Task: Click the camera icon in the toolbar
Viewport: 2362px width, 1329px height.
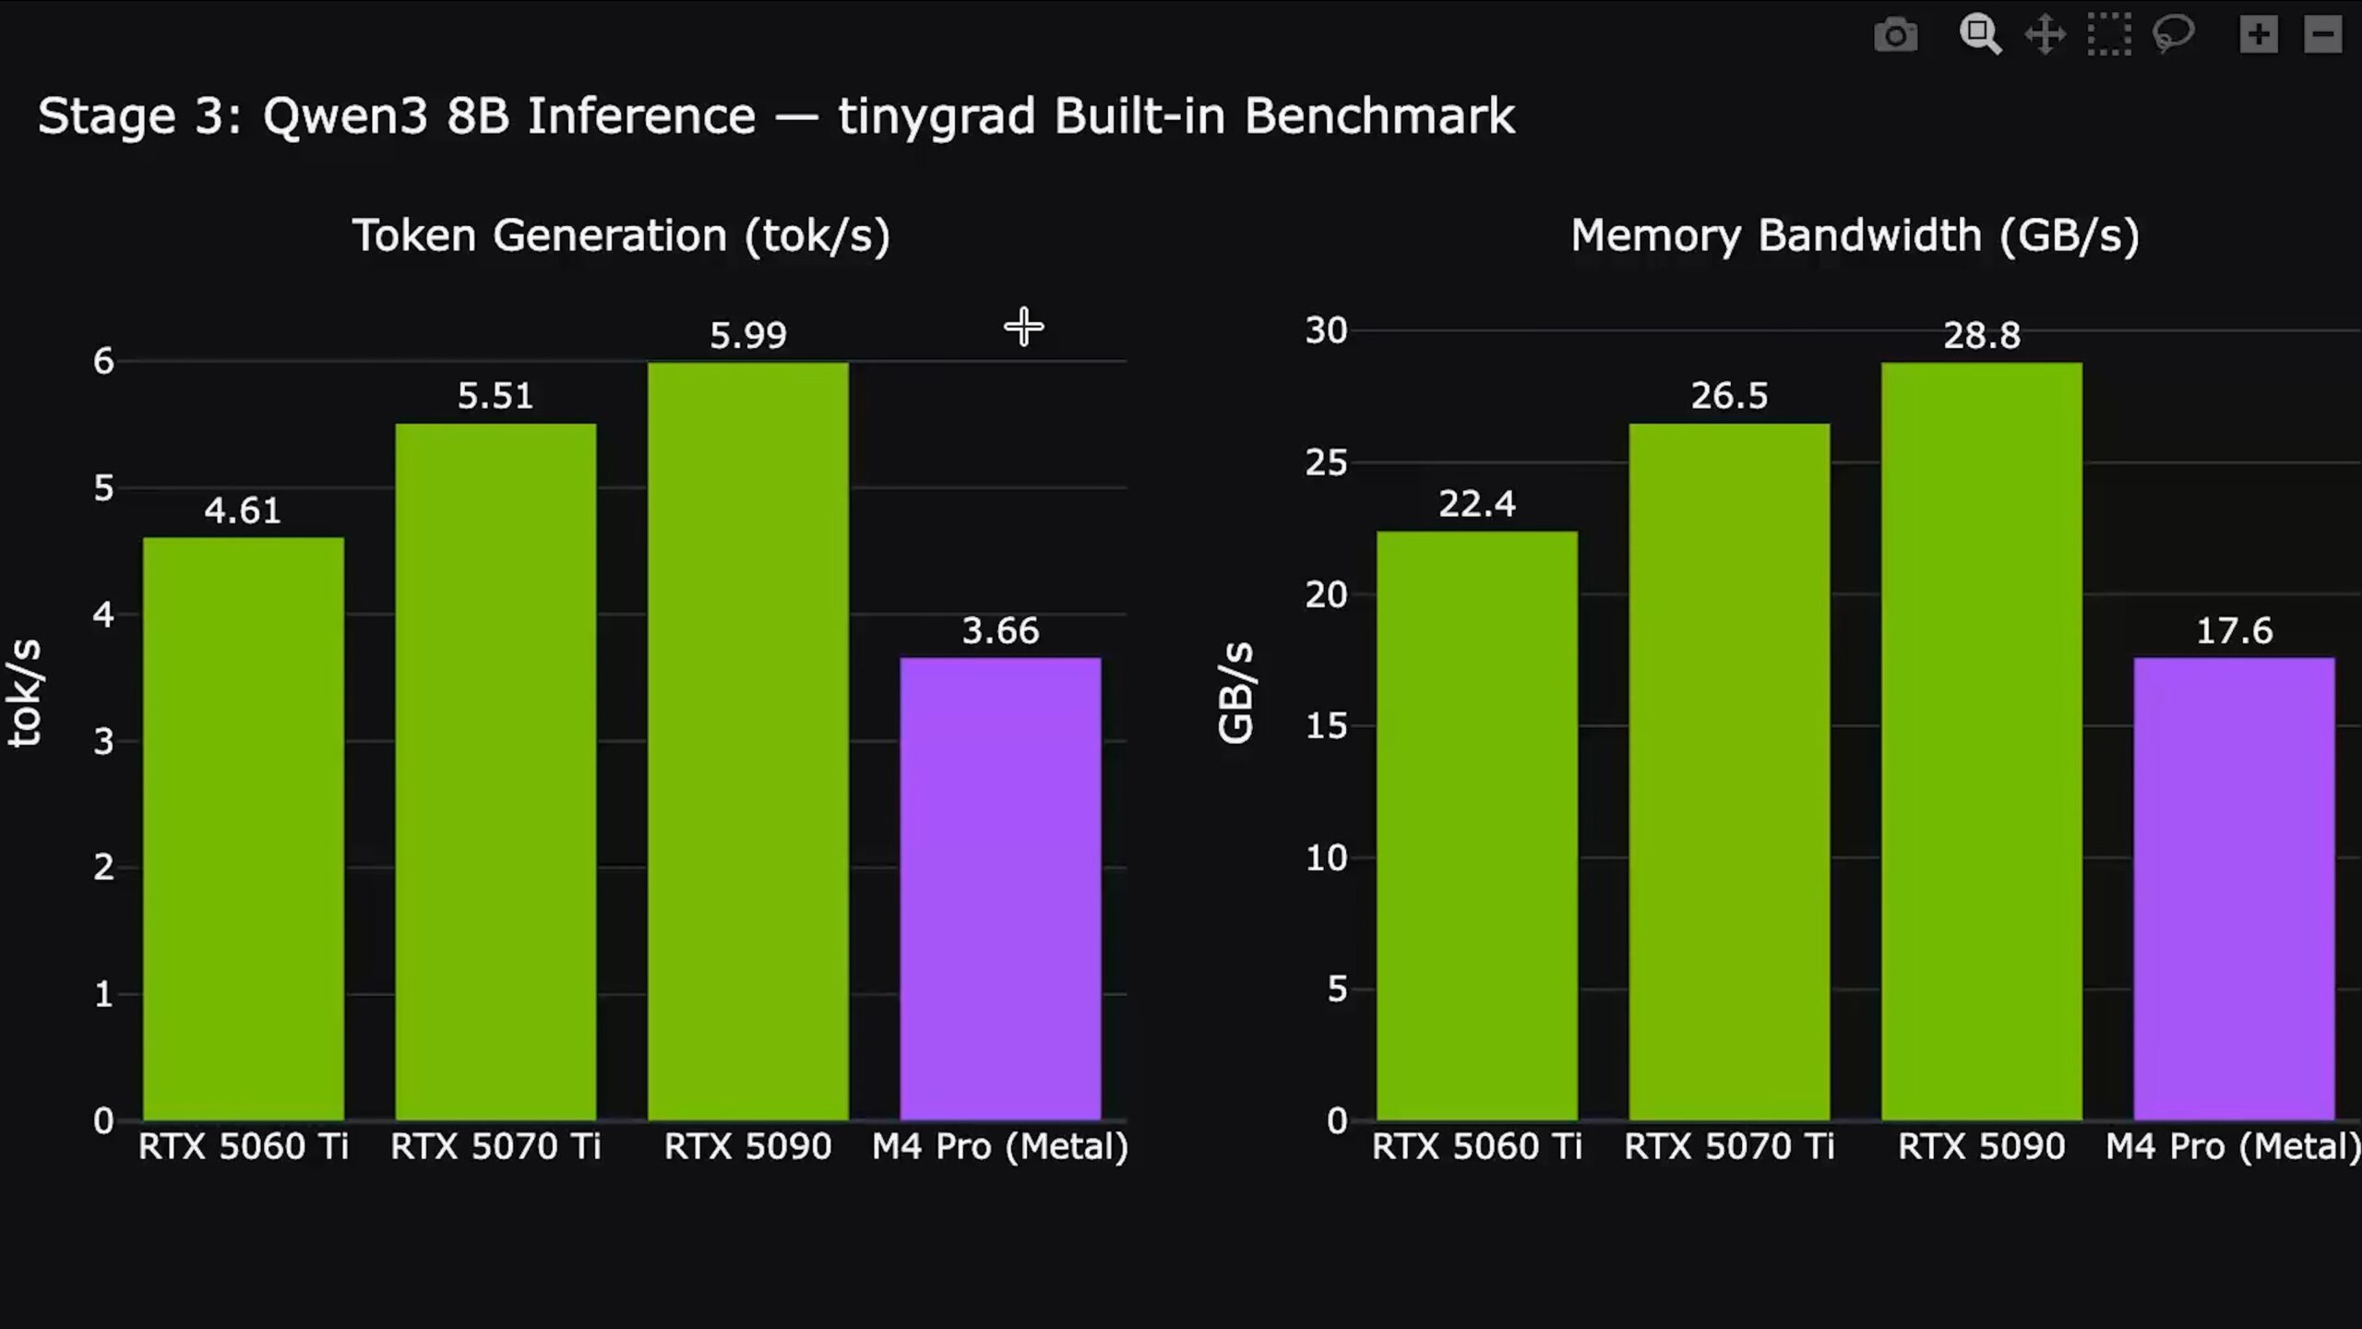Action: point(1896,35)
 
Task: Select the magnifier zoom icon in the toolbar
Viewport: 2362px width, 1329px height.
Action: point(1979,35)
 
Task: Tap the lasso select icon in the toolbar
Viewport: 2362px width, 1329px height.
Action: point(2173,35)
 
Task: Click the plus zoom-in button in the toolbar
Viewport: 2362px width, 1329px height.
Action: point(2259,35)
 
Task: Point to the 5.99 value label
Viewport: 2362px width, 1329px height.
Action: point(748,335)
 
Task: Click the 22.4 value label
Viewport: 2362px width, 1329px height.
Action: point(1476,504)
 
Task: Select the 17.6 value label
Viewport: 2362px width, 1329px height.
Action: point(2234,631)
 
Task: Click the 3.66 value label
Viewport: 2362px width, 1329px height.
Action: point(1000,631)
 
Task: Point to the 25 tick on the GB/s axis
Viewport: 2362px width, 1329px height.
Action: point(1326,462)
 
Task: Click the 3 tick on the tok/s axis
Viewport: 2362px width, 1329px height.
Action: point(103,741)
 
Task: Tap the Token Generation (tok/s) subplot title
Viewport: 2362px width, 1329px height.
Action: point(621,236)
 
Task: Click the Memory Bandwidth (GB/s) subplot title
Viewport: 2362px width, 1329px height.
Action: point(1855,236)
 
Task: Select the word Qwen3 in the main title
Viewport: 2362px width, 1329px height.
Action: point(345,117)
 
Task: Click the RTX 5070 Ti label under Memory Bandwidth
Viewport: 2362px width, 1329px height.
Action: point(1729,1146)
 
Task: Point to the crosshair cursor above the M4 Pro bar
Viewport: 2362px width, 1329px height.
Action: point(1024,327)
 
